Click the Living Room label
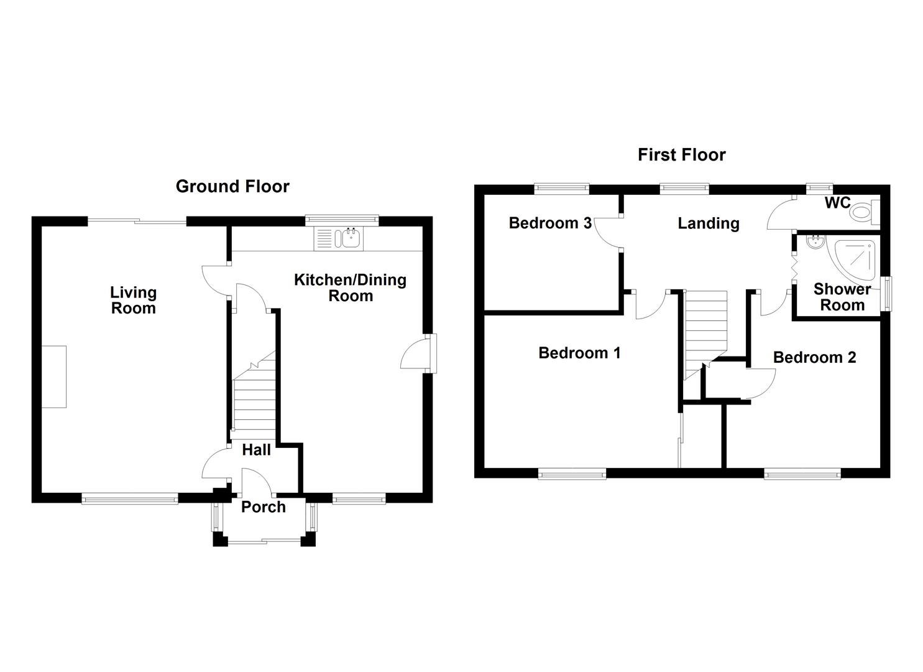133,300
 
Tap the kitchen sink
339,238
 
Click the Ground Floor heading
232,186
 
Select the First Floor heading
681,154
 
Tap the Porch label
263,506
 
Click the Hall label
256,449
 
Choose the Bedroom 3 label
549,223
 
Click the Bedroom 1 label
579,353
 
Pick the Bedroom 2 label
814,357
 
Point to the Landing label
708,223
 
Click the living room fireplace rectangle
54,376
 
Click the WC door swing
780,215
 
